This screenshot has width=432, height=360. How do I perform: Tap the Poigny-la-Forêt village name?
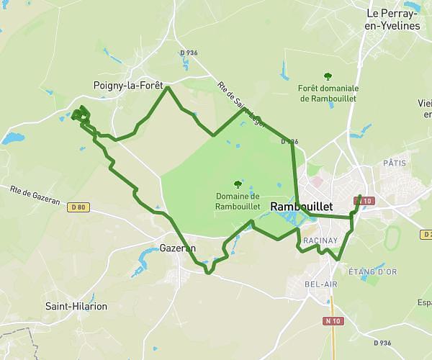(x=129, y=85)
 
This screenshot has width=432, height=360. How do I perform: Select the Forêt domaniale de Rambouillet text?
(x=328, y=93)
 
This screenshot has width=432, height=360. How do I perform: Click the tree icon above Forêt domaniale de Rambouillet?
(x=328, y=76)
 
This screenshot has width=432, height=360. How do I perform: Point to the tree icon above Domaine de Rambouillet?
(x=238, y=184)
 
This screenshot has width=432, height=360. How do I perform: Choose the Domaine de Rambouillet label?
(x=238, y=200)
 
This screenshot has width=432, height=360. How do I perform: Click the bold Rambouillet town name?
(x=301, y=207)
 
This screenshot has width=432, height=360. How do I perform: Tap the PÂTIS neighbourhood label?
(x=395, y=163)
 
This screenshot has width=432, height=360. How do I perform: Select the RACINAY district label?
(x=320, y=239)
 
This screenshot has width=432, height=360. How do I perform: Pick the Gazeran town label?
(x=177, y=247)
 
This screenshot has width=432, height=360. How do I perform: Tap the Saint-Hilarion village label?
(x=76, y=306)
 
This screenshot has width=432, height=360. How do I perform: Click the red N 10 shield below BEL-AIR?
(x=331, y=320)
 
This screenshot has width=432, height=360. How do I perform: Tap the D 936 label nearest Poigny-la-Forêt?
(x=189, y=53)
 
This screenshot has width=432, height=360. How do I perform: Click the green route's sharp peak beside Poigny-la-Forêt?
(x=168, y=88)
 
